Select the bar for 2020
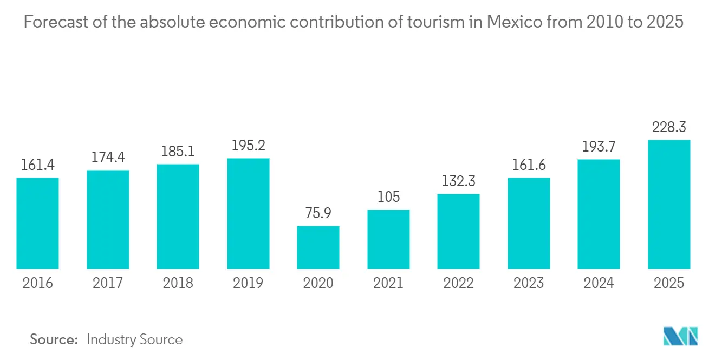[x=318, y=247]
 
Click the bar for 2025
[x=669, y=204]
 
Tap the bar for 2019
[x=248, y=213]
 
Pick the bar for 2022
[x=458, y=231]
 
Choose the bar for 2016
[x=37, y=223]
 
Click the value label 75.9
[x=318, y=213]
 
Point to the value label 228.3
[x=669, y=127]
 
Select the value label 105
[x=388, y=197]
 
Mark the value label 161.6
[x=529, y=165]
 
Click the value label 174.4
[x=108, y=158]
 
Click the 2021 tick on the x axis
[x=388, y=283]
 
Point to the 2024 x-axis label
[x=599, y=283]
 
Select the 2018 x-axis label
[x=178, y=283]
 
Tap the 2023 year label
[x=529, y=283]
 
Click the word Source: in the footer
[x=54, y=339]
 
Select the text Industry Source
[x=134, y=339]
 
